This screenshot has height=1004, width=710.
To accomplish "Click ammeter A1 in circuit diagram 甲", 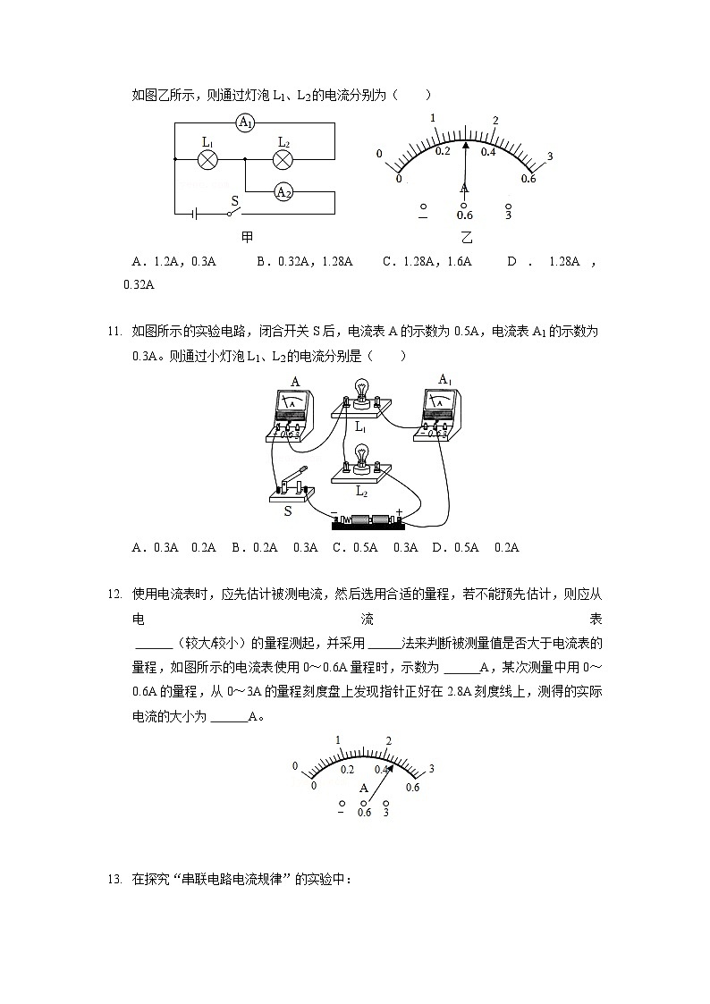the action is click(x=246, y=123).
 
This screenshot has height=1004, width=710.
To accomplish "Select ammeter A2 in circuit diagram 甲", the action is click(x=283, y=191).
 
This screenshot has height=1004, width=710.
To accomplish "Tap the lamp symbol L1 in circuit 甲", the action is click(x=207, y=159).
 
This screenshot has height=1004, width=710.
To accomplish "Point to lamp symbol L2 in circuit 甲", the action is click(x=283, y=159).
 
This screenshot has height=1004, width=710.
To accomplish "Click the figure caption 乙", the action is click(x=465, y=238).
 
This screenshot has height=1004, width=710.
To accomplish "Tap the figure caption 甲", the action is click(x=248, y=237).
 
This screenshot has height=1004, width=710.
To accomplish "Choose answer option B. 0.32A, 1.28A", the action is click(x=304, y=262).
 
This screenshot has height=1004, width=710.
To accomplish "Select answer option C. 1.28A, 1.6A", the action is click(x=427, y=262).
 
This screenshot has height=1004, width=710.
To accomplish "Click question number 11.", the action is click(x=114, y=332).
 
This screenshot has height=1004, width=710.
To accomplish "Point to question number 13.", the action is click(x=114, y=880).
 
